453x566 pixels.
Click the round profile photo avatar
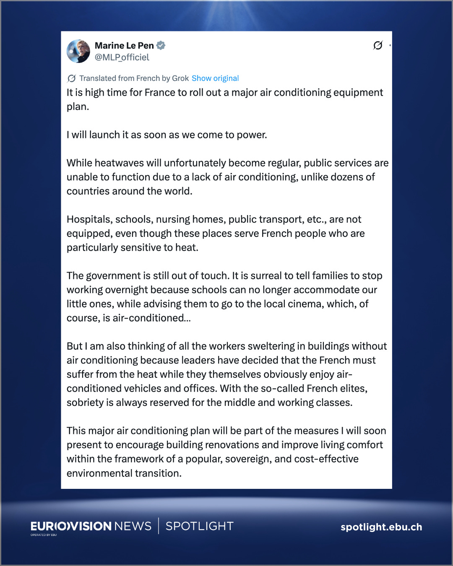tap(78, 51)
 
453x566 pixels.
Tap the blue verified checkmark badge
tap(161, 45)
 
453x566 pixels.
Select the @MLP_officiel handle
tap(122, 57)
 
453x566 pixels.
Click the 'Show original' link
tap(215, 78)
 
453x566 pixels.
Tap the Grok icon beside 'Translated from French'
tap(72, 78)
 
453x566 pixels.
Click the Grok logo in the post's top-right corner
tap(377, 45)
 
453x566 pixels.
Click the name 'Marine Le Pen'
tap(124, 45)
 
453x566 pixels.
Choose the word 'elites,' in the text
tap(354, 389)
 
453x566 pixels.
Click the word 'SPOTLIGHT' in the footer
tap(200, 526)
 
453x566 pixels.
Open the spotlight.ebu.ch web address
tap(381, 527)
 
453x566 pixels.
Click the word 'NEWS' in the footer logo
tap(133, 526)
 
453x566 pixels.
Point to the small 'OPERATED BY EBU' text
tap(44, 535)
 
